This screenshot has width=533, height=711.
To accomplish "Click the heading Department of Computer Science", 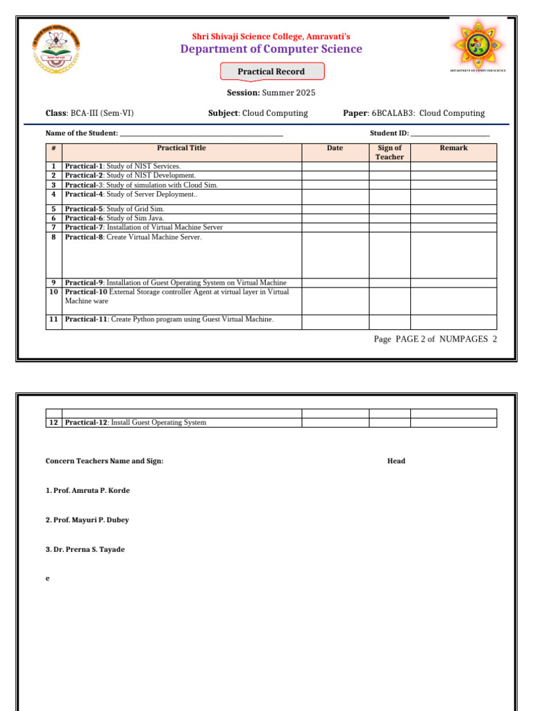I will (271, 49).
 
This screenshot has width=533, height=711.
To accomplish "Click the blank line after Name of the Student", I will (201, 133).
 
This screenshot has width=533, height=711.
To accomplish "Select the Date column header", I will (335, 148).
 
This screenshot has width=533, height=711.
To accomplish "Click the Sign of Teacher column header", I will (389, 152).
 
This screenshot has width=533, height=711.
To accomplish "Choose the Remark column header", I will (454, 148).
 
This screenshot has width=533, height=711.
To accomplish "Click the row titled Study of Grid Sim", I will (115, 209).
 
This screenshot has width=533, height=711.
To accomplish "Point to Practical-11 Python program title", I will (169, 319).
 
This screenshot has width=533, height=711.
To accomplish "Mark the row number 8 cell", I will (53, 237).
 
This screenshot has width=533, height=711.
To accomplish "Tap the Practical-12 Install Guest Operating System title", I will (135, 422).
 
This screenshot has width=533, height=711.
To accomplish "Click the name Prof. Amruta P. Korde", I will (87, 490).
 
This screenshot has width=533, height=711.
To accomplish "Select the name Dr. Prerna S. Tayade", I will (85, 549).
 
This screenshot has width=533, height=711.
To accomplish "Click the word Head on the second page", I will (396, 461).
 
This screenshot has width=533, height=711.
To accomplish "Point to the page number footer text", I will (435, 339).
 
